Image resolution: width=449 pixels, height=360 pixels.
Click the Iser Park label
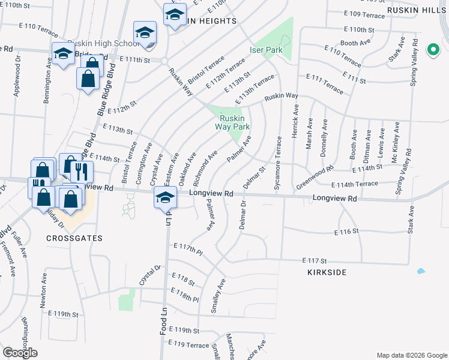[x=266, y=50]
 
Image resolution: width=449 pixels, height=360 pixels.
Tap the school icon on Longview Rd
[x=165, y=197]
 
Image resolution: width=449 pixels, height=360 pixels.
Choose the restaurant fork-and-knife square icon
[x=82, y=172]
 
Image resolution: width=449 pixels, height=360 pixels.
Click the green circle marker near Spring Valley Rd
[x=433, y=50]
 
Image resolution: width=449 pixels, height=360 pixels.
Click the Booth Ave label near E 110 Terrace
[x=355, y=43]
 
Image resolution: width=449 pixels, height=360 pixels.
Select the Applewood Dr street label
[x=17, y=77]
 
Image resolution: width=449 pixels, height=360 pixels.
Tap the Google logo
[x=20, y=353]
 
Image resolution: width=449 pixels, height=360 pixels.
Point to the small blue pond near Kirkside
[x=421, y=272]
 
